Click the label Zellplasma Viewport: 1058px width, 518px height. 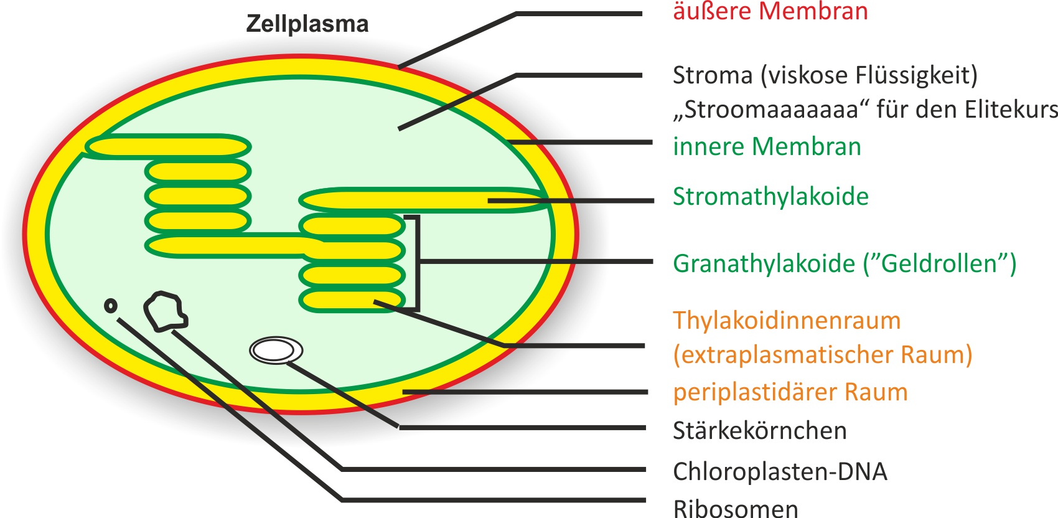[x=307, y=24]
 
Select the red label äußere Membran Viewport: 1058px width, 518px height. [x=770, y=11]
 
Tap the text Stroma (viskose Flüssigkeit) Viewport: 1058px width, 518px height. [x=825, y=75]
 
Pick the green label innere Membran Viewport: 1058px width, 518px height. [x=767, y=147]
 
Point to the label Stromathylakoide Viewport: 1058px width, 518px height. [x=770, y=197]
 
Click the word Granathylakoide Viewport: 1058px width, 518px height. [x=764, y=263]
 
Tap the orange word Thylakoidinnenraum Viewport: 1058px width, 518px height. [x=787, y=321]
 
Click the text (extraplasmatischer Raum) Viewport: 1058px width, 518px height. [x=822, y=355]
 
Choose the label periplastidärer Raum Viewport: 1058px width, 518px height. [x=790, y=392]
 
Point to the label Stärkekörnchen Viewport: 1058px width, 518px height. [x=759, y=431]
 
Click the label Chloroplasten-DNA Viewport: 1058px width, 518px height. [x=780, y=472]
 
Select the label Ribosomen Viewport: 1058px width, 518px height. [x=735, y=508]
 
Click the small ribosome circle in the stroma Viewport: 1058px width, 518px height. [x=111, y=306]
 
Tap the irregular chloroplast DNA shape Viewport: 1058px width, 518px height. [x=165, y=311]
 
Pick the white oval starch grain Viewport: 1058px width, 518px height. [x=276, y=351]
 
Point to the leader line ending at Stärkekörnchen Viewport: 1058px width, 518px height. [x=523, y=428]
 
